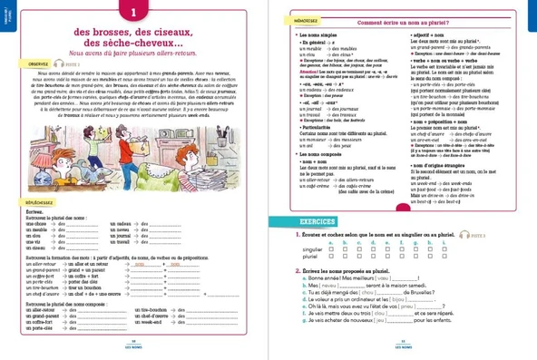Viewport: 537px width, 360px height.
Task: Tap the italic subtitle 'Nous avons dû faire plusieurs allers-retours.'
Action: pos(133,55)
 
